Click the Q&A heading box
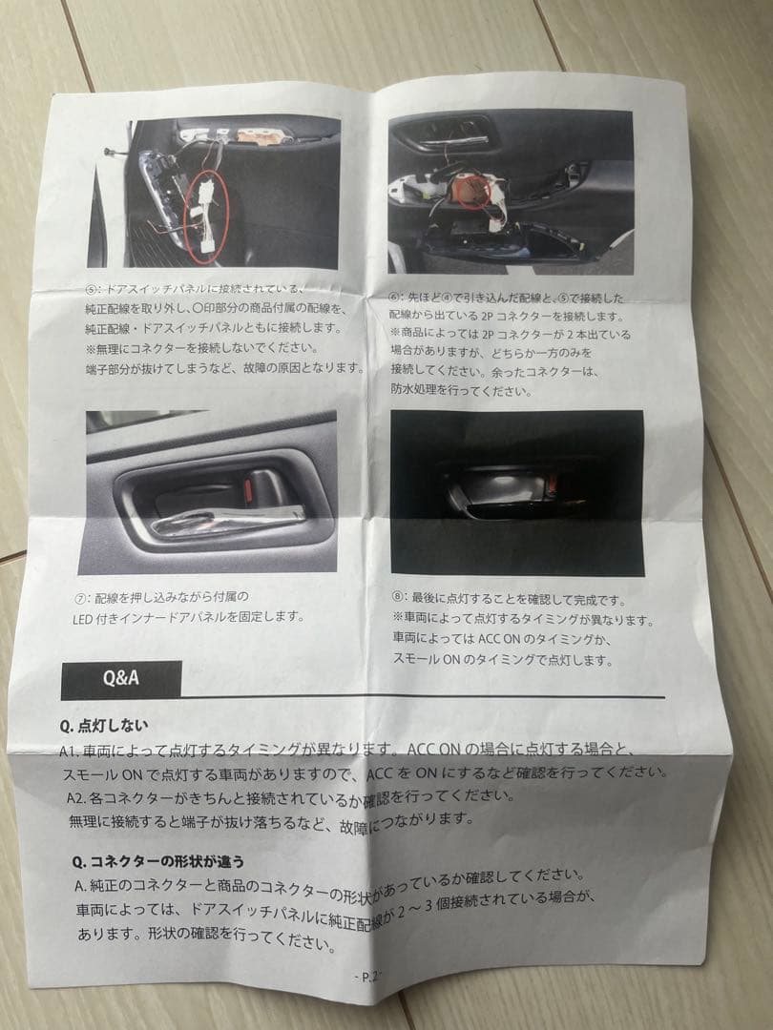coord(120,679)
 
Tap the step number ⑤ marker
coord(91,289)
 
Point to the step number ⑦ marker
coord(82,598)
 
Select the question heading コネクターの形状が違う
coord(156,859)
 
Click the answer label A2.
coord(78,797)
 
